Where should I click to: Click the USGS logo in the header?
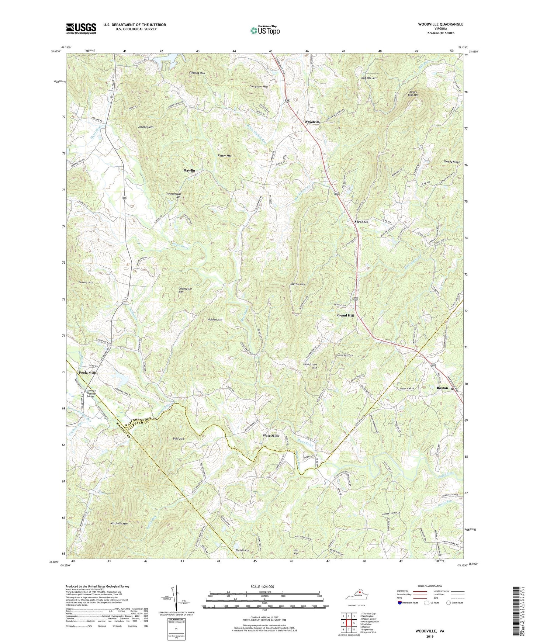point(81,28)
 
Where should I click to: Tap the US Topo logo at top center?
point(265,30)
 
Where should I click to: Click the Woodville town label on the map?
point(312,122)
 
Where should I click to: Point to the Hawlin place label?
point(189,170)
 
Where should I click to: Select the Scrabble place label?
point(361,222)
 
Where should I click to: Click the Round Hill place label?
point(345,315)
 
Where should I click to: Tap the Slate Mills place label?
point(271,436)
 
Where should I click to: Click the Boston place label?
point(442,388)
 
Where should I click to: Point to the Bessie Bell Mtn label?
point(413,93)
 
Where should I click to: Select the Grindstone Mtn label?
point(310,366)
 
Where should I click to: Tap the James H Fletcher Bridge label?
point(91,394)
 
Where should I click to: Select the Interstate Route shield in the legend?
point(400,603)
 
